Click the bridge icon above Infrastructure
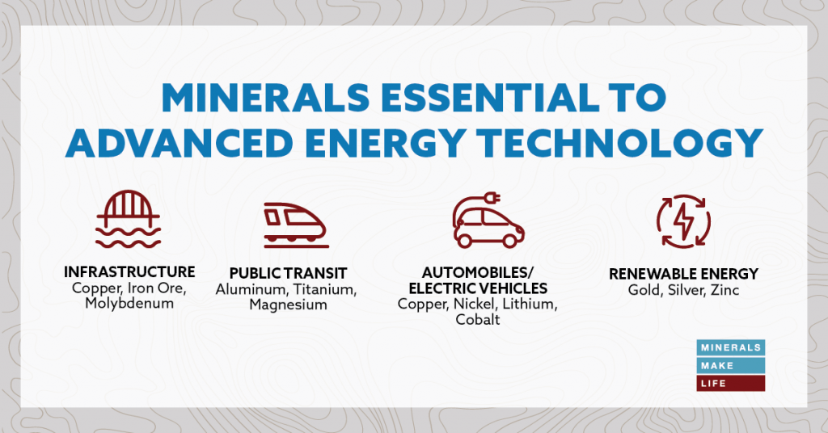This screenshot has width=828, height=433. pyautogui.click(x=129, y=219)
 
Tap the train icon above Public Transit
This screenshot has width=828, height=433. pyautogui.click(x=294, y=221)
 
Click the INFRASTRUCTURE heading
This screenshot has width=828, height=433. pyautogui.click(x=129, y=271)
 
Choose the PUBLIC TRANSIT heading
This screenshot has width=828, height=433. pyautogui.click(x=287, y=275)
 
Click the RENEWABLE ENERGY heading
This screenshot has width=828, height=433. pyautogui.click(x=683, y=275)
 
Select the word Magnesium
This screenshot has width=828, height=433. pyautogui.click(x=288, y=305)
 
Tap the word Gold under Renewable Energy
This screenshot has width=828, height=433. pyautogui.click(x=644, y=289)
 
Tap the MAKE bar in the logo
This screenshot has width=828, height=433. pyautogui.click(x=731, y=365)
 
